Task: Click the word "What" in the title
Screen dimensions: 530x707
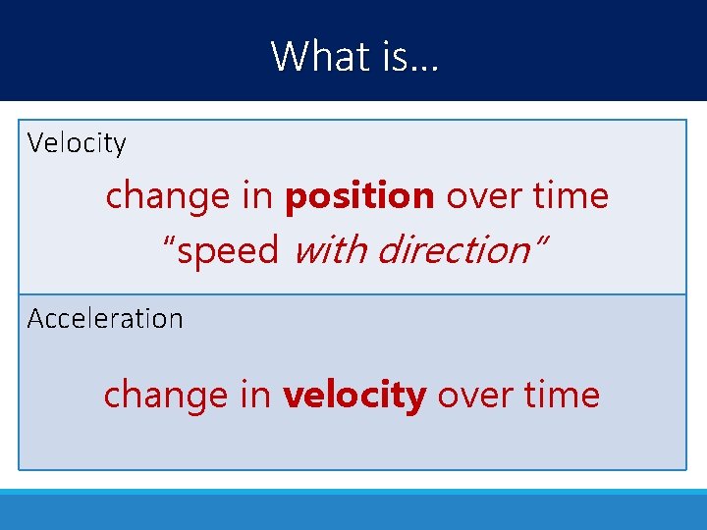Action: pos(313,56)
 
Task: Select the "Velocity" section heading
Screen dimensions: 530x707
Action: pos(77,143)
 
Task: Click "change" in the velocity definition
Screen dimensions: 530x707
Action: pos(167,196)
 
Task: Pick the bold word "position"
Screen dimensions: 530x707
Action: pos(359,196)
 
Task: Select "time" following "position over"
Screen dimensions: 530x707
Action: pos(571,196)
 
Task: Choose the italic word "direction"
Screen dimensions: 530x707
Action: pos(451,250)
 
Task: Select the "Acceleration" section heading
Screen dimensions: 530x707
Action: pos(105,319)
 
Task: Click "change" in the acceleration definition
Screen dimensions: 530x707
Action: pos(165,396)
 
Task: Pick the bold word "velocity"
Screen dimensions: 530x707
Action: pos(354,396)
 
